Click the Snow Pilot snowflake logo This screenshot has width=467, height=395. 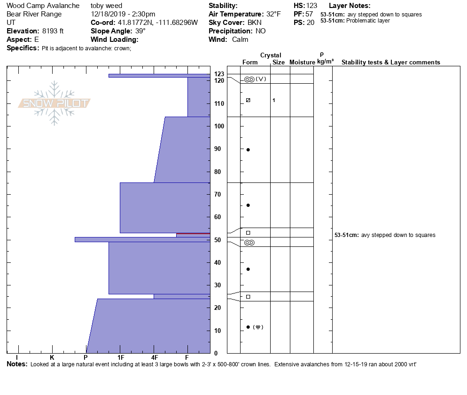[54, 103]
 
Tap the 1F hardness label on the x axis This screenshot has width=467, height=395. [121, 358]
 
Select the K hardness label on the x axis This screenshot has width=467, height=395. [52, 358]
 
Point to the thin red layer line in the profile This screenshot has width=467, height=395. [193, 233]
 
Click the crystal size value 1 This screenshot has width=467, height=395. [274, 100]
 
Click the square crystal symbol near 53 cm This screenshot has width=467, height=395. [248, 233]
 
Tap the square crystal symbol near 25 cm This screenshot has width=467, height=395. [248, 297]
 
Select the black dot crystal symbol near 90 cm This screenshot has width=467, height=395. [248, 150]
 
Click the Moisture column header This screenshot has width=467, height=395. [302, 62]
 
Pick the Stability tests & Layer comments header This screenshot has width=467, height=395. [391, 62]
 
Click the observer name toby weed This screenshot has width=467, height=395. [106, 6]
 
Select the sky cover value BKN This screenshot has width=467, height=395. [256, 23]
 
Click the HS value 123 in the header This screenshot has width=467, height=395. [312, 6]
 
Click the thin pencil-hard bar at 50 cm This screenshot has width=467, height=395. [141, 239]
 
